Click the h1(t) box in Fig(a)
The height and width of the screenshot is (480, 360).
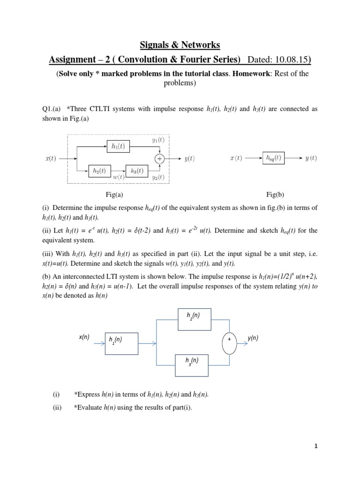[118, 146]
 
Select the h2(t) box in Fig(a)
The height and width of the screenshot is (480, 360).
[99, 171]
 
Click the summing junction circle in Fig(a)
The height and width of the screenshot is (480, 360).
[160, 159]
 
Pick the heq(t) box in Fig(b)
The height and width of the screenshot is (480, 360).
[272, 158]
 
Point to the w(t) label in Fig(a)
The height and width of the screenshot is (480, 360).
[119, 177]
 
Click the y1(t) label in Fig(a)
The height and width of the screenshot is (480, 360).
[158, 140]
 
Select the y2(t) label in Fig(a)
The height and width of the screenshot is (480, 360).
[158, 177]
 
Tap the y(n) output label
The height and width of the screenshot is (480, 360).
[254, 337]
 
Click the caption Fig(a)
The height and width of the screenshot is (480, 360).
[114, 194]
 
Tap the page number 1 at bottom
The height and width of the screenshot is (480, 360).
[316, 446]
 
